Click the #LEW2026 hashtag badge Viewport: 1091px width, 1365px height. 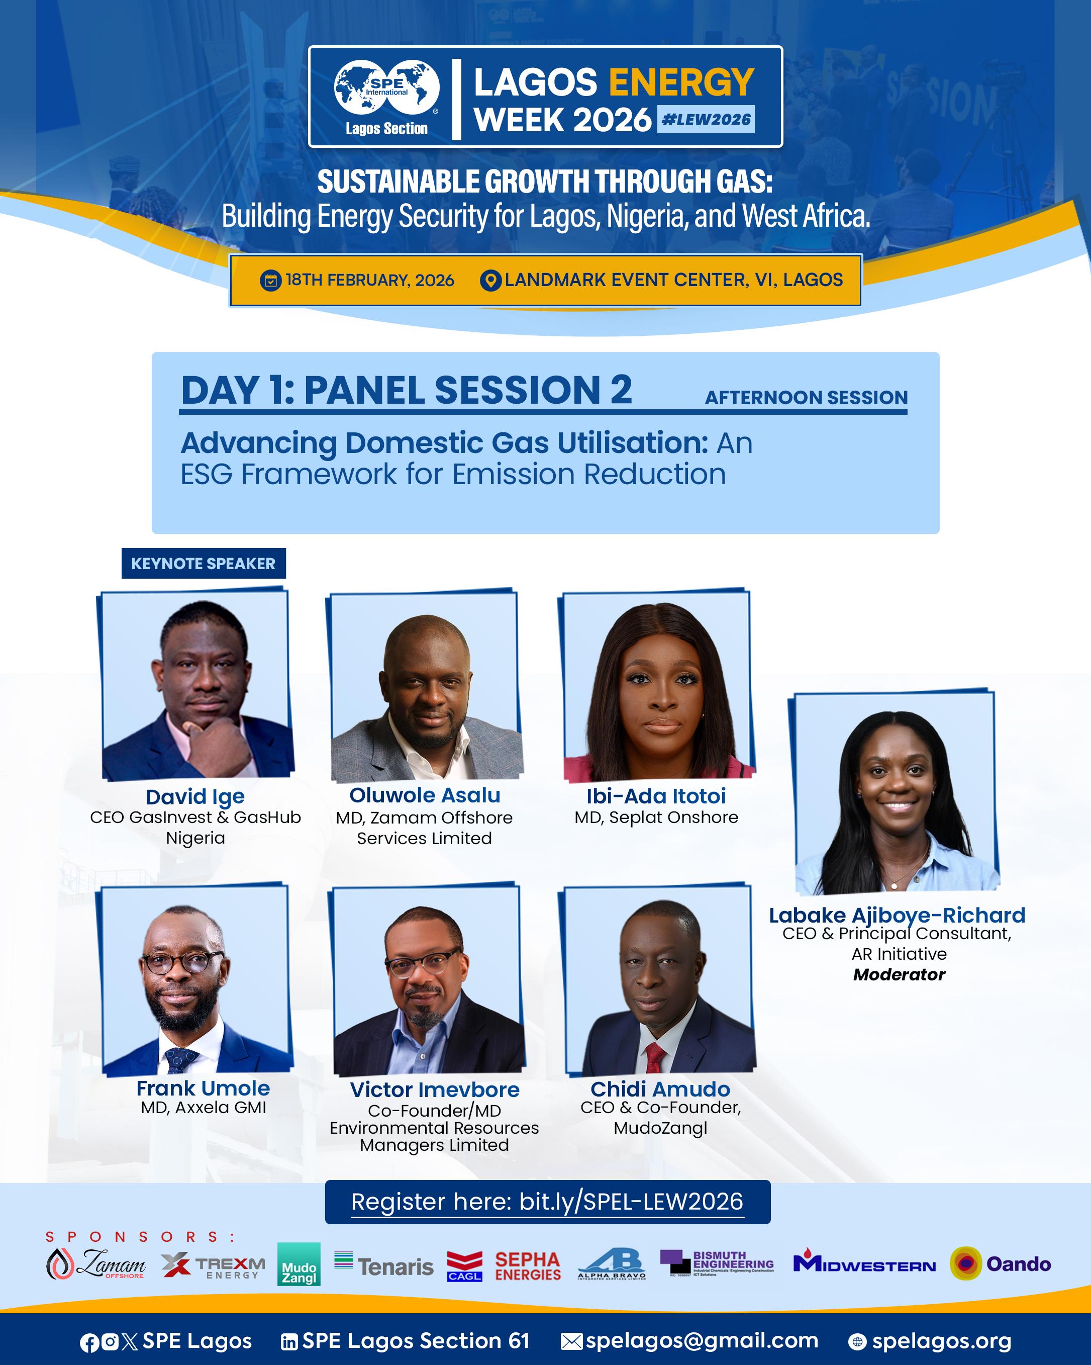coord(706,119)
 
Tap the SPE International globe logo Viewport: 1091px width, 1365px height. coord(386,88)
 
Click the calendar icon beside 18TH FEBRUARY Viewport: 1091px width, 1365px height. coord(271,281)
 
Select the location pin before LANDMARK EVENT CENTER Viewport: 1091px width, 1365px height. coord(490,281)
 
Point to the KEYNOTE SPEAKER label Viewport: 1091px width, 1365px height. coord(203,564)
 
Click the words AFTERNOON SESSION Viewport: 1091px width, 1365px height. coord(806,398)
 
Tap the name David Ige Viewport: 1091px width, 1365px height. coord(195,796)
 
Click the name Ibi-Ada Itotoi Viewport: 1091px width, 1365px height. coord(656,796)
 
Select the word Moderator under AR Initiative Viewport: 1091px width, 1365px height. coord(899,974)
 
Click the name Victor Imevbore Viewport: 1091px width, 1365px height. coord(435,1089)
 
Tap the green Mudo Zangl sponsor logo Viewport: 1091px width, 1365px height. coord(299,1264)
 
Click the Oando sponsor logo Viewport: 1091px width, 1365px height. coord(1000,1264)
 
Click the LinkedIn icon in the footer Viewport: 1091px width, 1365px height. coord(289,1341)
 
